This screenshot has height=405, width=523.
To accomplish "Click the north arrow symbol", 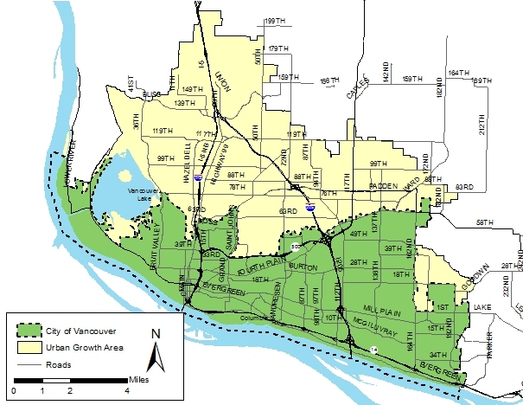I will [x=155, y=351].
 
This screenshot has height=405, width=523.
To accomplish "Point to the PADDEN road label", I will [x=383, y=185].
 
